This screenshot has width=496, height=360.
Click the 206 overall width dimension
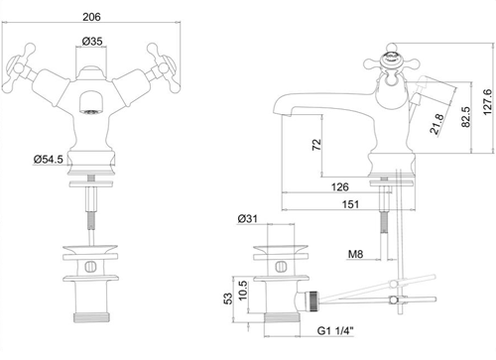pyautogui.click(x=91, y=17)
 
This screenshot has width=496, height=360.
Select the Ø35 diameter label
pyautogui.click(x=92, y=42)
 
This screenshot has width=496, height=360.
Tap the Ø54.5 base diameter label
pyautogui.click(x=49, y=160)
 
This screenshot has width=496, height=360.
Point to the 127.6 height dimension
pyautogui.click(x=487, y=102)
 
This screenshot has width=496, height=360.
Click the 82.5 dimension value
pyautogui.click(x=465, y=117)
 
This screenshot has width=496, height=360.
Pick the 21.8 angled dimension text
pyautogui.click(x=437, y=124)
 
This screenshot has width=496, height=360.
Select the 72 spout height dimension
pyautogui.click(x=316, y=145)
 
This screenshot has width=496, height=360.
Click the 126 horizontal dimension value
pyautogui.click(x=340, y=187)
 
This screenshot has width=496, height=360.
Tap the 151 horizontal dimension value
pyautogui.click(x=350, y=204)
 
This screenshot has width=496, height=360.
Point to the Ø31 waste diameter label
pyautogui.click(x=247, y=219)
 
